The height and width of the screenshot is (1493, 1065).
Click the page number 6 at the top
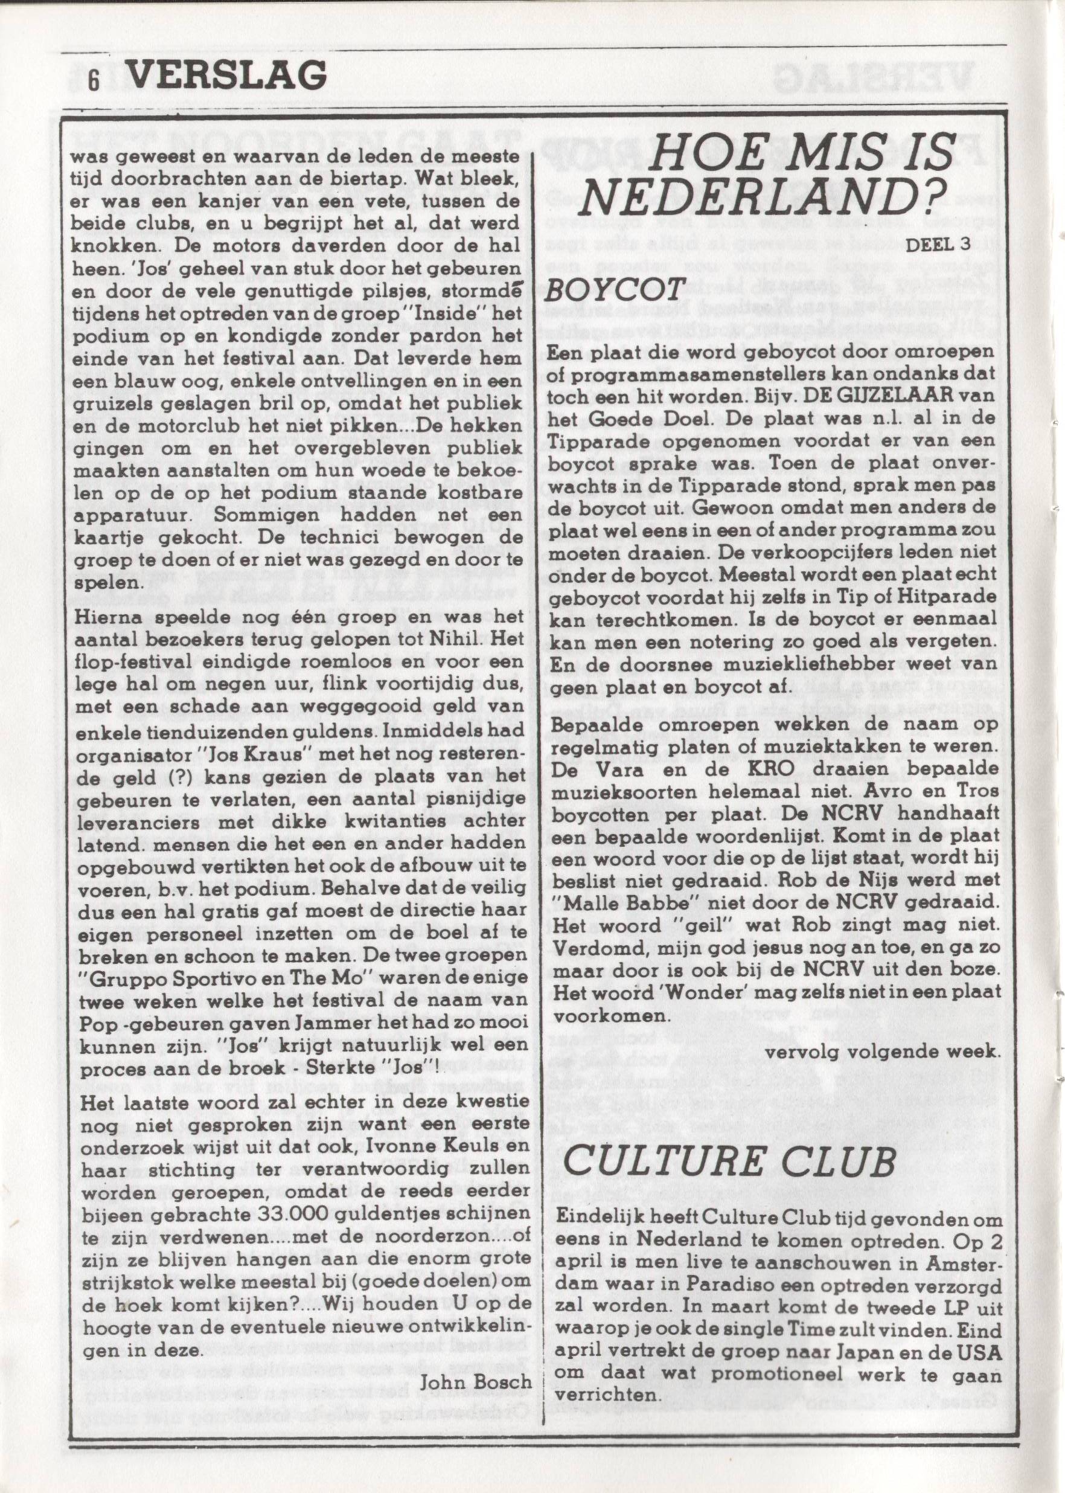click(x=94, y=81)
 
